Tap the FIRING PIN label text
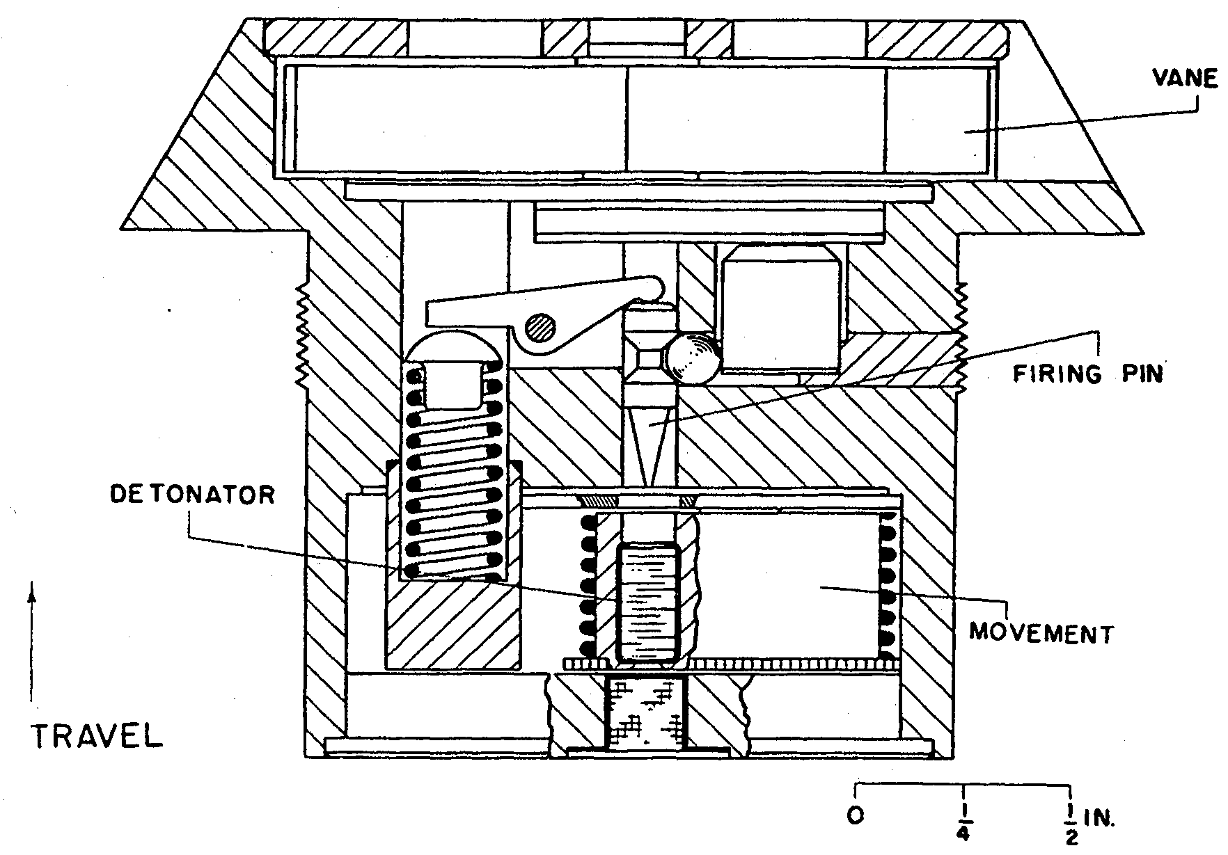click(x=1087, y=374)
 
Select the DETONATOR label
click(x=193, y=495)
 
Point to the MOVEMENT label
click(x=1041, y=633)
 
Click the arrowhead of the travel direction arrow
click(x=31, y=595)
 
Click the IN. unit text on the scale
click(x=1100, y=818)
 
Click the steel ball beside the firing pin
click(x=691, y=358)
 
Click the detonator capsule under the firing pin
click(x=647, y=602)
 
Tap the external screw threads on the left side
click(x=301, y=340)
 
